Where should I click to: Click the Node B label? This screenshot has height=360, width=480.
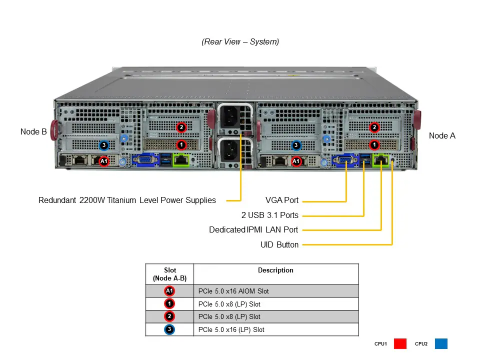tap(33, 132)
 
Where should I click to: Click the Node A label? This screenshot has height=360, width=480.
tap(442, 135)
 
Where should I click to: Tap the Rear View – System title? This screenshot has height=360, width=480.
tap(240, 42)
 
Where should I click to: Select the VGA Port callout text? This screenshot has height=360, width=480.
tap(282, 200)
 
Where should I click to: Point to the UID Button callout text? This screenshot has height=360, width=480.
tap(279, 245)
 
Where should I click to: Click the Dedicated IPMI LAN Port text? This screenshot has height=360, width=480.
tap(253, 230)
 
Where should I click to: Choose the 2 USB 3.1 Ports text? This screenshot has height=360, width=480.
tap(269, 215)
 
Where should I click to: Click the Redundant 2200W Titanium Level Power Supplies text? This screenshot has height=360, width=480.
tap(127, 200)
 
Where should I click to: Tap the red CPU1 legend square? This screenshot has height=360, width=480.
tap(400, 344)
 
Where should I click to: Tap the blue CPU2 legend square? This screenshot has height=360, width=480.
tap(441, 344)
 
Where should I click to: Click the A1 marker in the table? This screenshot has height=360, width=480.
tap(169, 291)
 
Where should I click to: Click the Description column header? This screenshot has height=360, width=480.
tap(275, 270)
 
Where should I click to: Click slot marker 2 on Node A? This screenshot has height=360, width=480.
tap(374, 127)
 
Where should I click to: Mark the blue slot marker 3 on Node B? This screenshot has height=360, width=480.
tap(103, 145)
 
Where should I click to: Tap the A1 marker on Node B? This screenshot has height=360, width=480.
tap(103, 161)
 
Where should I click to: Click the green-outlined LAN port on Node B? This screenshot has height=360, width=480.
tap(180, 160)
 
